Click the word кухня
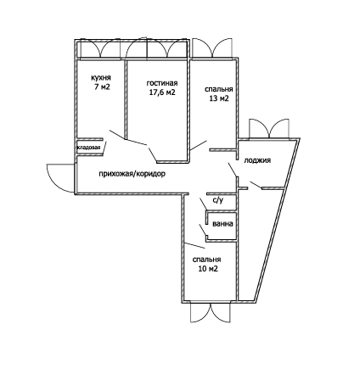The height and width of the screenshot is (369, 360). click(101, 78)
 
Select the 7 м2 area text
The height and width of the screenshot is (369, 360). click(102, 87)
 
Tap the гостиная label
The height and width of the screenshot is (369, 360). click(162, 83)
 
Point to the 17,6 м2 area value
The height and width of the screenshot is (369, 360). click(162, 92)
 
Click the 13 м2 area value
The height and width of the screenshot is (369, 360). click(219, 98)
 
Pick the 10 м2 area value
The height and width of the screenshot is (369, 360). click(208, 269)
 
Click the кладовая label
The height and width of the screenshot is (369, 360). click(89, 148)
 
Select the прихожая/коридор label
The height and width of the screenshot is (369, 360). click(132, 174)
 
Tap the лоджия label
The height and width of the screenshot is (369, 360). click(257, 160)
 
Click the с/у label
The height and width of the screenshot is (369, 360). click(218, 200)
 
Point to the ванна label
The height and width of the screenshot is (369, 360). click(222, 224)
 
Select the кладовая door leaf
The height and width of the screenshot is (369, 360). click(104, 148)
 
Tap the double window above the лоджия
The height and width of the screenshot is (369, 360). click(269, 129)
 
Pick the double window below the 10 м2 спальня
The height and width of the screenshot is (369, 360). click(211, 312)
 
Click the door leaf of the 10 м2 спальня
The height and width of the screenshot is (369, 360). click(194, 246)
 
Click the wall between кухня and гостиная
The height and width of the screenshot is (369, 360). click(125, 99)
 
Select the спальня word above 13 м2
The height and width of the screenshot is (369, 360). click(219, 90)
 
